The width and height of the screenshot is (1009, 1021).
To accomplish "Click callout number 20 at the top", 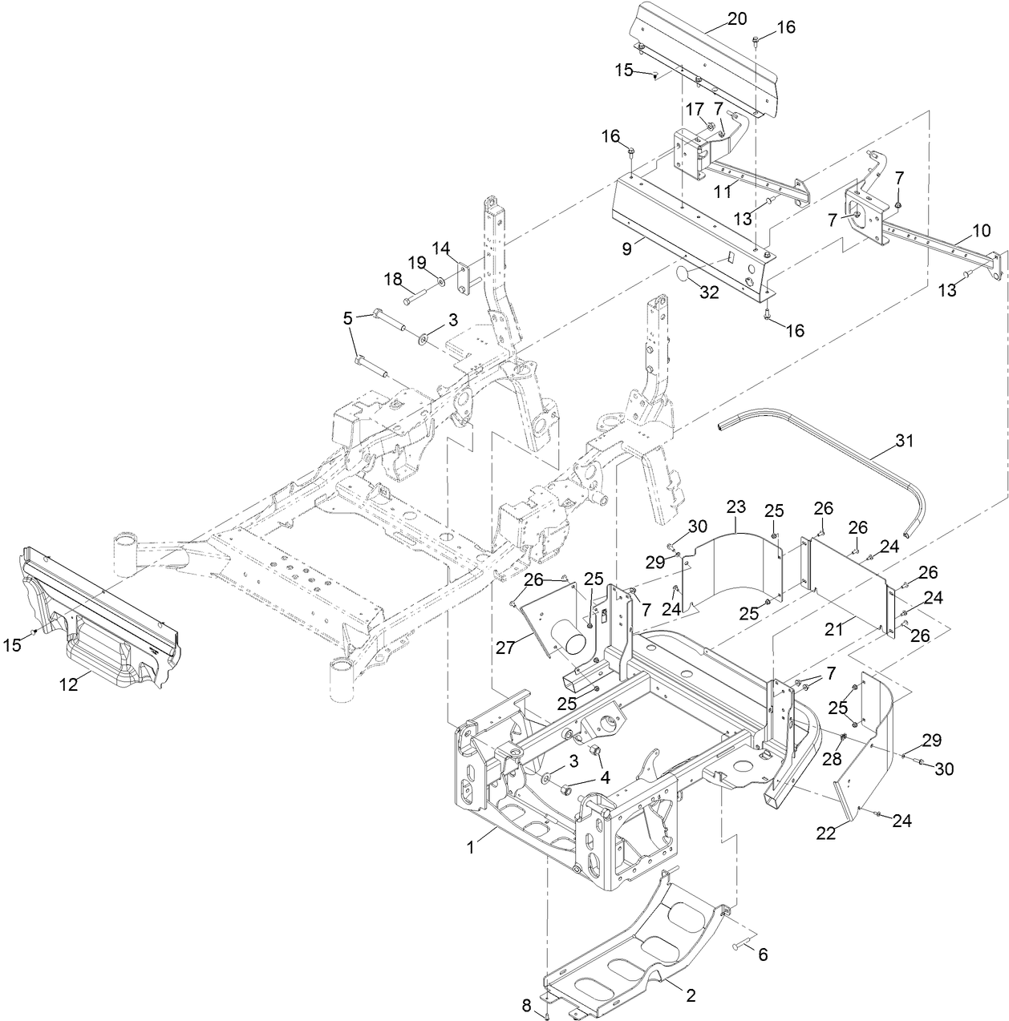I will [x=737, y=18].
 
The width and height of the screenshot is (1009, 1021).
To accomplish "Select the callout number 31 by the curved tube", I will [x=904, y=440].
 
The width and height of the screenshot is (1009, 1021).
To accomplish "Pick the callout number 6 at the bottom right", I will [x=763, y=954].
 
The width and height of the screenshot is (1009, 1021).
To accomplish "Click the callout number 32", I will [x=708, y=293].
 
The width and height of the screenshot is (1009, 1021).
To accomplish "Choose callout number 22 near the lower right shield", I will [x=827, y=833].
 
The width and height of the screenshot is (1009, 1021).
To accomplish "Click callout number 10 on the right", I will [x=981, y=231].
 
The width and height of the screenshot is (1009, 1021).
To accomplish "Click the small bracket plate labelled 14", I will [x=464, y=276].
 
